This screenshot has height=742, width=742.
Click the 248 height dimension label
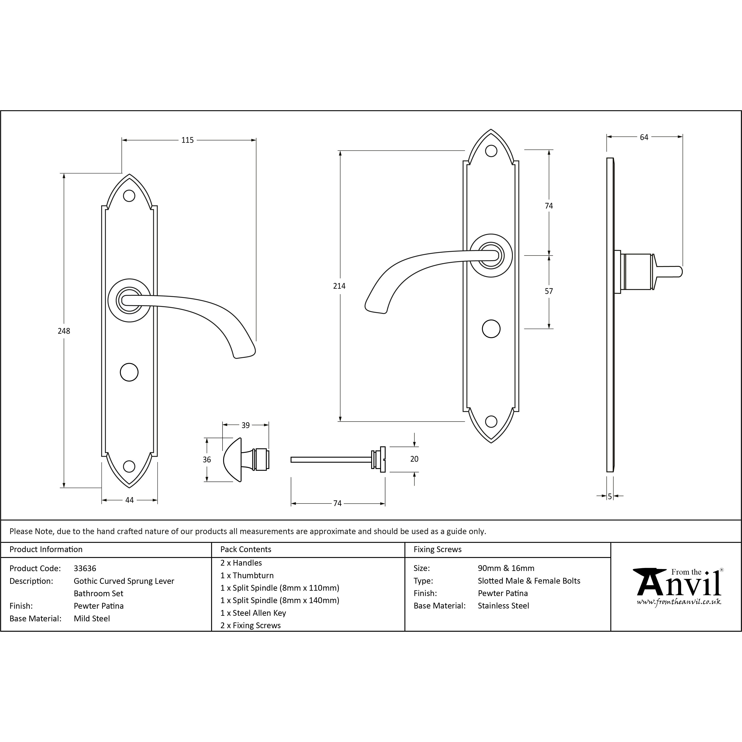[64, 331]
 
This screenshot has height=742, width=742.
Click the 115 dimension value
[187, 140]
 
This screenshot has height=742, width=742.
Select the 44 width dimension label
[129, 500]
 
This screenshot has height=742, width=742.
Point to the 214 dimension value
[339, 286]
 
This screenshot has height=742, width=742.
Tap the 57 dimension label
[549, 291]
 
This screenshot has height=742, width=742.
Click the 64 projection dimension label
[644, 137]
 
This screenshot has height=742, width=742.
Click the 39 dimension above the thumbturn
[245, 425]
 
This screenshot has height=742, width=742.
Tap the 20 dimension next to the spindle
[414, 459]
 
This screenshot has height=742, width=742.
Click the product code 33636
[85, 568]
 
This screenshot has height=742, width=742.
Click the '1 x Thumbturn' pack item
[247, 575]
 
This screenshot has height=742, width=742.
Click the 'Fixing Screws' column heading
[437, 550]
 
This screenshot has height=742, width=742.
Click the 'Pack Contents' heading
[246, 550]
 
